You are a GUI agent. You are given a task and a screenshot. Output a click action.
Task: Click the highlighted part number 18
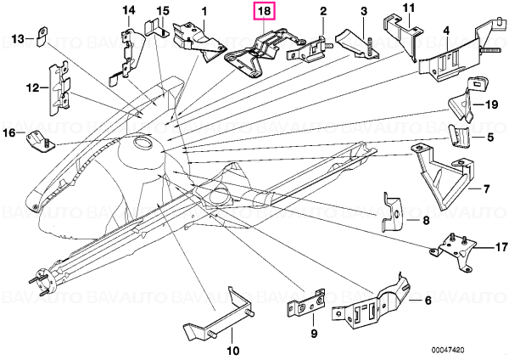[x=265, y=11]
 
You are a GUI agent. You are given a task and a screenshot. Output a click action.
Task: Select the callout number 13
[x=18, y=39]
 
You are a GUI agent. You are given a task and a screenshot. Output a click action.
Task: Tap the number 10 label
[x=232, y=351]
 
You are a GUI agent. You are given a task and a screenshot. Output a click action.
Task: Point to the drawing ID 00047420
[x=448, y=351]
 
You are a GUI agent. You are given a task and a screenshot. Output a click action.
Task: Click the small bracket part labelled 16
[x=40, y=142]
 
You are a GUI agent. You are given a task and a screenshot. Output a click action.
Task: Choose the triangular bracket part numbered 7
[x=443, y=177]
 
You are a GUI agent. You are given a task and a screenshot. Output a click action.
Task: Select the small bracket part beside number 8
[x=392, y=212]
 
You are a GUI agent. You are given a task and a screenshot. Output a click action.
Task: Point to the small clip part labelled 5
[x=459, y=136]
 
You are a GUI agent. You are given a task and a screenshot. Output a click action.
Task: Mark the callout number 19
[x=491, y=104]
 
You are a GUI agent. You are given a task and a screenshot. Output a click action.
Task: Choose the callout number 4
[x=446, y=31]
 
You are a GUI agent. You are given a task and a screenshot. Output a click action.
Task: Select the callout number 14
[x=129, y=10]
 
